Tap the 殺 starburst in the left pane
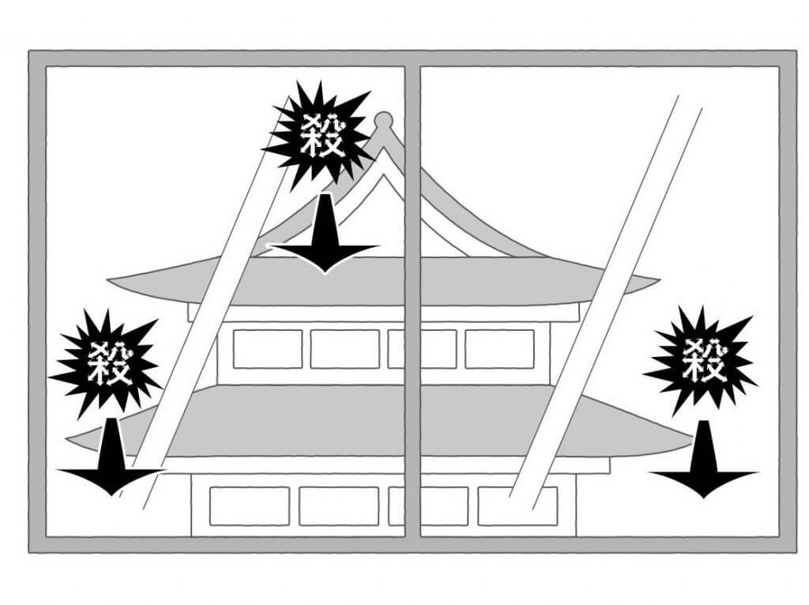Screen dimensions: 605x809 [x=109, y=363]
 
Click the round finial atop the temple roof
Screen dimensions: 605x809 [x=383, y=120]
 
